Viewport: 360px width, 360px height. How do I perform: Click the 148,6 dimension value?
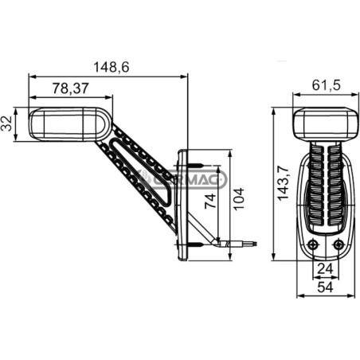coord(112,67)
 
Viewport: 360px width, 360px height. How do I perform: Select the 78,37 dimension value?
coord(70,88)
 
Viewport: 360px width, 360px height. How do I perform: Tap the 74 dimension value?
coord(210,201)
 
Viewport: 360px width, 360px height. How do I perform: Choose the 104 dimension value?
coord(239,199)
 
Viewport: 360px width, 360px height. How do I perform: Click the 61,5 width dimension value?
coord(326,85)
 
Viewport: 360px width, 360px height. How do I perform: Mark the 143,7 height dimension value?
coord(283,182)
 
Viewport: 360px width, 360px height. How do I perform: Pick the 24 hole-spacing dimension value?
coord(326,269)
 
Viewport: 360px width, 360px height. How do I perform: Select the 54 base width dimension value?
coord(326,287)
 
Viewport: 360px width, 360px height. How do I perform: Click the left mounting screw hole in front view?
coord(314,244)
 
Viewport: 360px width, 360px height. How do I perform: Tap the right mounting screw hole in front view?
coord(338,244)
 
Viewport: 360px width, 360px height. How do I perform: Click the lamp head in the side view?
coord(70,124)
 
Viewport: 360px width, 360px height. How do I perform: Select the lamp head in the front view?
coord(326,124)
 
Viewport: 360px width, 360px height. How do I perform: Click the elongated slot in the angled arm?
coord(141,172)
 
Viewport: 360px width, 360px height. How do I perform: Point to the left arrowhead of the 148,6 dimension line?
coord(33,76)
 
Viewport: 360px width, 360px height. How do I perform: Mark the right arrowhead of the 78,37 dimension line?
coord(109,98)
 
